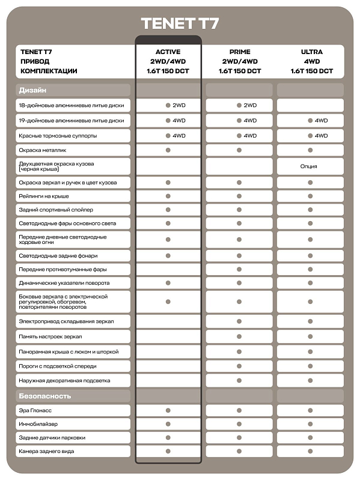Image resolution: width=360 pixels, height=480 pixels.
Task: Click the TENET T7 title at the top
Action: click(x=180, y=23)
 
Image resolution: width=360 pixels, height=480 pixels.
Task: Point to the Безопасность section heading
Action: click(x=45, y=396)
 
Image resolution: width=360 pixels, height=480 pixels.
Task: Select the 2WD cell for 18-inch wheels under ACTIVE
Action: click(x=175, y=106)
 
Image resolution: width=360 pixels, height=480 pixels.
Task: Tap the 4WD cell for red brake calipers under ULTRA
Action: click(x=317, y=136)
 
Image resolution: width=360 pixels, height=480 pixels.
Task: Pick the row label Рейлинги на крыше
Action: click(x=44, y=196)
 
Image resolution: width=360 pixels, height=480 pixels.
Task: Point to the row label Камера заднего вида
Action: click(x=46, y=451)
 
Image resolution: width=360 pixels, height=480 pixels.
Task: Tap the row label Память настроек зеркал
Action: click(x=50, y=336)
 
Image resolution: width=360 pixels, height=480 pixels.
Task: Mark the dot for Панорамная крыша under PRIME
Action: click(x=239, y=351)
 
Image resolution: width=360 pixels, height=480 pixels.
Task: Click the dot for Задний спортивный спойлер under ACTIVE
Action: click(x=168, y=210)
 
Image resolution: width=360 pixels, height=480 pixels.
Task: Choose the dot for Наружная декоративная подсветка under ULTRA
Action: click(x=311, y=381)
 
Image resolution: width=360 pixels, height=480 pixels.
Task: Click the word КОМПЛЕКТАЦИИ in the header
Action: click(x=49, y=71)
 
